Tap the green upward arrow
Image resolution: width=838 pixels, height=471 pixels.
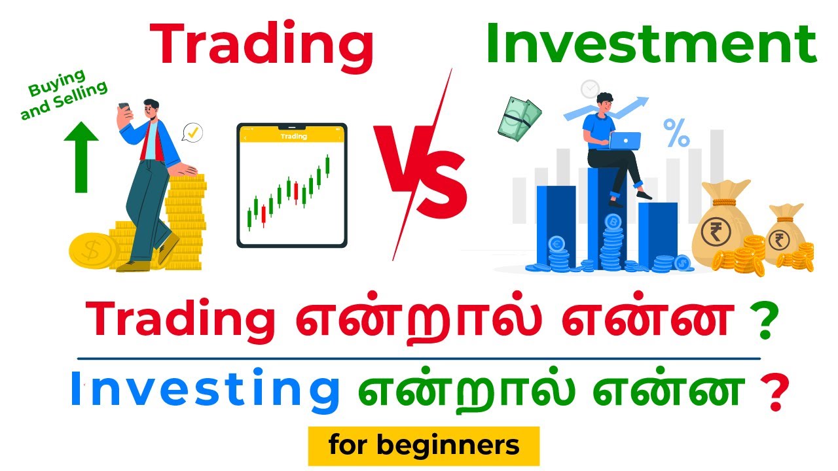coord(81,157)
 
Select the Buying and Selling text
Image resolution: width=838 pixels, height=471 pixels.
coord(64,98)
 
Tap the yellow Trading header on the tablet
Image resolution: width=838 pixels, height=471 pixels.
coord(292,136)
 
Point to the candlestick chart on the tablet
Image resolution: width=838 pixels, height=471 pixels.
coord(288,193)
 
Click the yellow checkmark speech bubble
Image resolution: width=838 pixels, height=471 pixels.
coord(192,133)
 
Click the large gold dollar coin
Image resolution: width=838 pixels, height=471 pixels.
coord(94,249)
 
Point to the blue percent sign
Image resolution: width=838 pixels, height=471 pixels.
coord(676,133)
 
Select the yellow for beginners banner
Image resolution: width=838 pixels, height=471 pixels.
coord(424,445)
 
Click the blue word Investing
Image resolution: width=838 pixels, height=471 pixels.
coord(205,390)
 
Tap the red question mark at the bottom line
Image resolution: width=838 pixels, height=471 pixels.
coord(776,392)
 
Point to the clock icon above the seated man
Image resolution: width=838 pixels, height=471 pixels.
coord(590,88)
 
